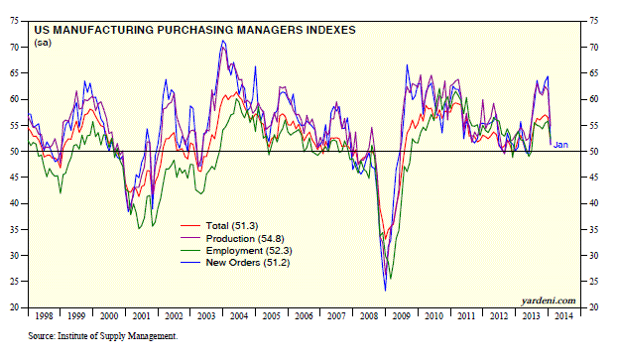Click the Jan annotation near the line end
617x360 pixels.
point(560,146)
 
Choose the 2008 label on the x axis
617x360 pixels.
point(368,316)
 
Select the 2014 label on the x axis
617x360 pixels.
point(563,316)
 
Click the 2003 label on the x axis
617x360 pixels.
point(205,316)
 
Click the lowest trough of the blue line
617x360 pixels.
point(385,290)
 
